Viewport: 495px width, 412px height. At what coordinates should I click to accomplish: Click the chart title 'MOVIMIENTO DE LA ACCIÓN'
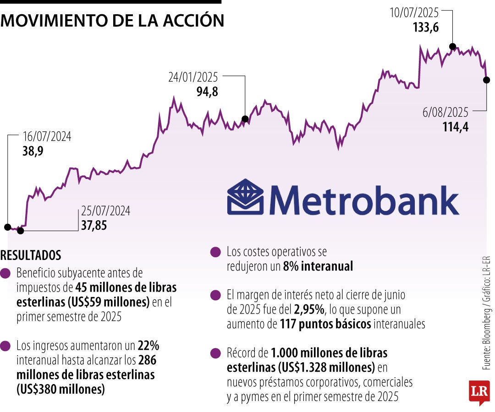pyautogui.click(x=112, y=21)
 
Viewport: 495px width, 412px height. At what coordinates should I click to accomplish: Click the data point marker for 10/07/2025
pyautogui.click(x=453, y=46)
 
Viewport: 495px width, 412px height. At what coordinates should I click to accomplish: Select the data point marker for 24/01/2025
pyautogui.click(x=245, y=119)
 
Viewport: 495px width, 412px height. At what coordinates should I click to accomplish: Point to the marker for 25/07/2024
pyautogui.click(x=20, y=231)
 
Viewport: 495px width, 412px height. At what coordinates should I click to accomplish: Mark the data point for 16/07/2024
pyautogui.click(x=7, y=227)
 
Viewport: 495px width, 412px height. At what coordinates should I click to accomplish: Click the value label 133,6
pyautogui.click(x=426, y=27)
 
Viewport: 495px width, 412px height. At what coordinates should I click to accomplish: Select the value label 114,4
pyautogui.click(x=455, y=127)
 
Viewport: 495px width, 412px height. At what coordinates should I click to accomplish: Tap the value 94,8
pyautogui.click(x=207, y=92)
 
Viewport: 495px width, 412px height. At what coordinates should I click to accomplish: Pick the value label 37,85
pyautogui.click(x=94, y=225)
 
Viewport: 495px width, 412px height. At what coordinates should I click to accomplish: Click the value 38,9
pyautogui.click(x=33, y=151)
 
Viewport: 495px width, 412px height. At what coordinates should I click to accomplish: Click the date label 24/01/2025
pyautogui.click(x=193, y=78)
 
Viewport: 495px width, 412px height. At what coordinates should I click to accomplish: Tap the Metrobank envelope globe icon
pyautogui.click(x=245, y=197)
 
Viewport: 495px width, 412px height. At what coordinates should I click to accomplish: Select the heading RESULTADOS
pyautogui.click(x=31, y=255)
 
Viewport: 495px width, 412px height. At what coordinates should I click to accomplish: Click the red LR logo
pyautogui.click(x=479, y=392)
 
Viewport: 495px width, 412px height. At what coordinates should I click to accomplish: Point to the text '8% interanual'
pyautogui.click(x=318, y=266)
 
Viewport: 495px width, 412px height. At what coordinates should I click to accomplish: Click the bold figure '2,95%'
pyautogui.click(x=310, y=309)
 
